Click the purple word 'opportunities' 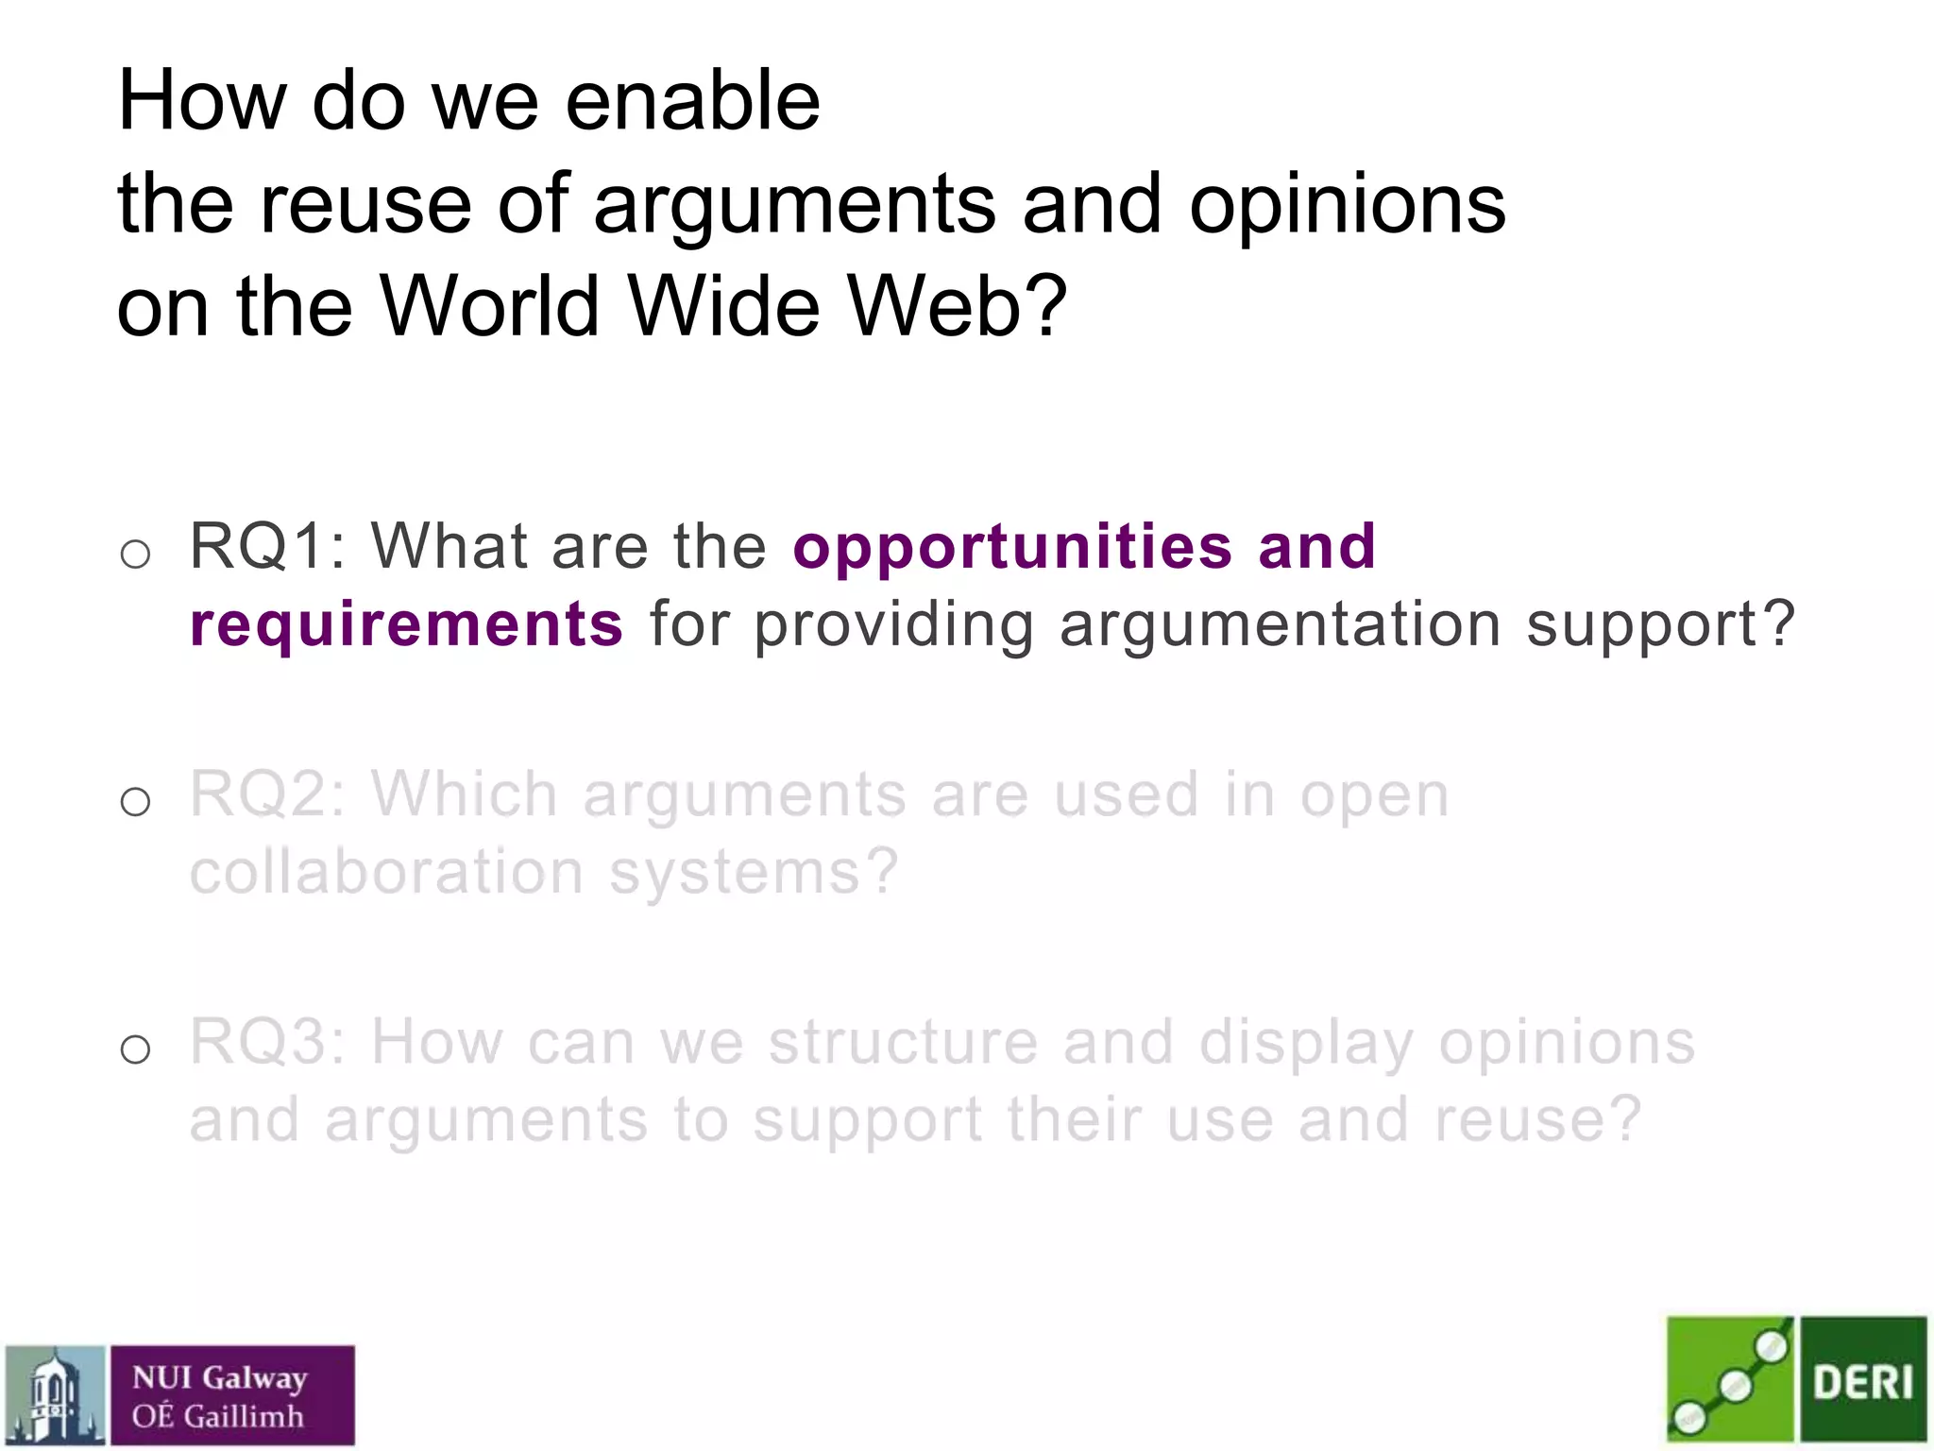click(1012, 548)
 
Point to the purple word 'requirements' click(406, 625)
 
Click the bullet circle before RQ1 click(136, 554)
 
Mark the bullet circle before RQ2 click(136, 802)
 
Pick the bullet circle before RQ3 click(136, 1050)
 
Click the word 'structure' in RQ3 click(903, 1042)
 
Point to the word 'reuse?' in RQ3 click(1537, 1120)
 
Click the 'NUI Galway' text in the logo click(219, 1378)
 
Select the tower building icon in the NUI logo click(55, 1396)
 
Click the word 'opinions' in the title click(1347, 204)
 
